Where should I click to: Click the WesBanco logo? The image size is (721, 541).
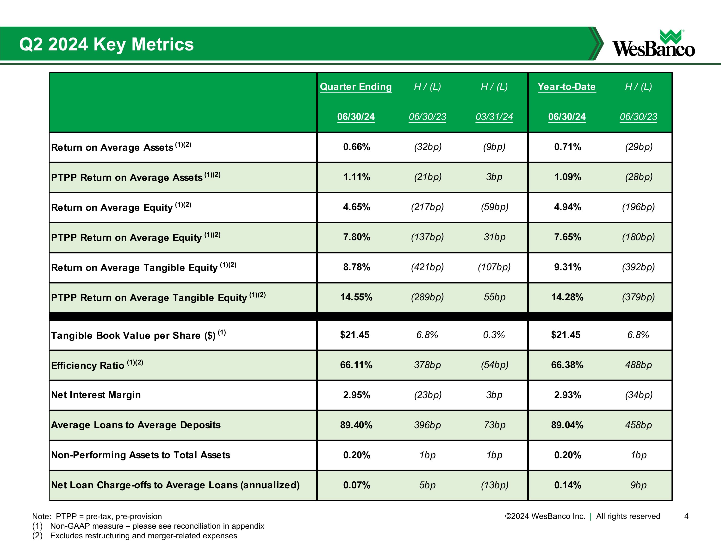click(653, 44)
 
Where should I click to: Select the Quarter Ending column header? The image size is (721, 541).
click(356, 87)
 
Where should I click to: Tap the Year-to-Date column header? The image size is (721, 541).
click(566, 87)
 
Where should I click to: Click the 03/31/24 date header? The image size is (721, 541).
click(494, 117)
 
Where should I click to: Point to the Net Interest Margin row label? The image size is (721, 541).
click(96, 395)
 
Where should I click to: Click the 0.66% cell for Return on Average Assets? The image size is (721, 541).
click(357, 147)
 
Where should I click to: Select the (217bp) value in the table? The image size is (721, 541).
click(427, 207)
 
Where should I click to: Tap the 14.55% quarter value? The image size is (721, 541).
click(356, 297)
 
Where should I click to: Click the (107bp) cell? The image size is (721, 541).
click(494, 267)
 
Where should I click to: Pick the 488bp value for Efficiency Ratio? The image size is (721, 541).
click(638, 365)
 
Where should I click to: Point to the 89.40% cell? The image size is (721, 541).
click(356, 425)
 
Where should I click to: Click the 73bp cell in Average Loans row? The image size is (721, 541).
click(494, 425)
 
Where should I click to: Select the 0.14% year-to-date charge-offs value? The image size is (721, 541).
click(567, 485)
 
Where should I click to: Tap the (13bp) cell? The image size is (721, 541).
click(494, 485)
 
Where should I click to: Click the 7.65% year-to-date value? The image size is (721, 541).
click(567, 237)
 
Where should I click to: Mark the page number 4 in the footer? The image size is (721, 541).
click(686, 516)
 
